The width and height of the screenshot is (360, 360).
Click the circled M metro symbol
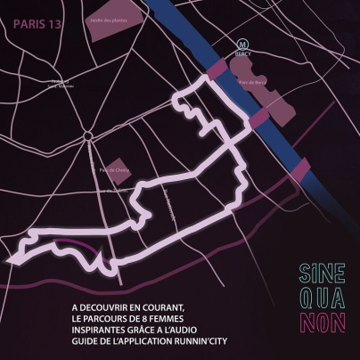pyautogui.click(x=241, y=42)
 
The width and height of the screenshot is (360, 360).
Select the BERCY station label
pyautogui.click(x=241, y=53)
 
